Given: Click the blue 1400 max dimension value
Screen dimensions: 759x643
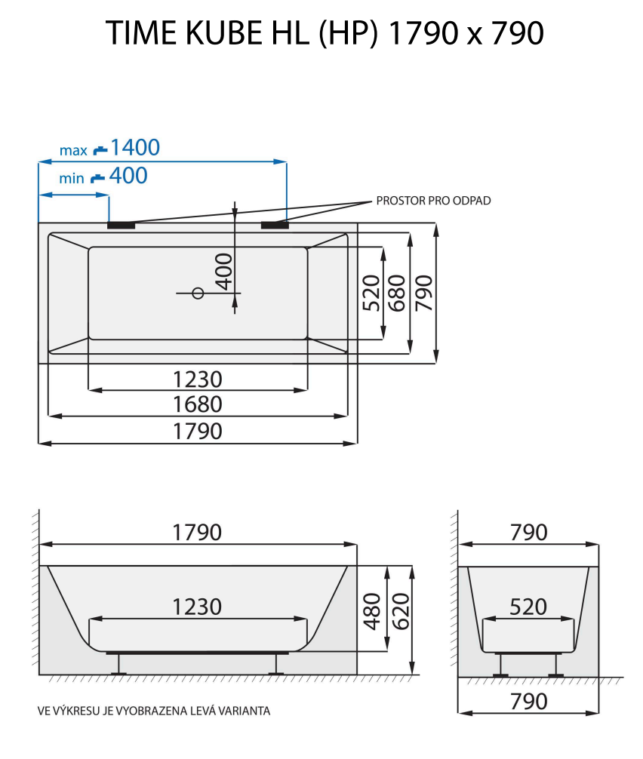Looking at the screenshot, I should (135, 148).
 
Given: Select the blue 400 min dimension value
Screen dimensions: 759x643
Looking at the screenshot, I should (128, 177).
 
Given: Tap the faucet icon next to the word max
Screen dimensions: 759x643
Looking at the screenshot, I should (100, 149).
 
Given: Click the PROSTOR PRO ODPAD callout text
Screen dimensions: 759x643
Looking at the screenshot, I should (433, 201).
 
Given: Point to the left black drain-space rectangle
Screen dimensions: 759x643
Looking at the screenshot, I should (121, 224).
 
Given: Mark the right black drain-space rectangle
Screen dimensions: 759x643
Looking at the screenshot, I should (275, 224).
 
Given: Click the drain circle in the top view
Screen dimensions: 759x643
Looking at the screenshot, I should (198, 293).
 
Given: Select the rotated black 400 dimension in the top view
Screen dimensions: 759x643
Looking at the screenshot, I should (224, 272).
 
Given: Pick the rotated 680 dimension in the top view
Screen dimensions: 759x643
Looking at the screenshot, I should (397, 293).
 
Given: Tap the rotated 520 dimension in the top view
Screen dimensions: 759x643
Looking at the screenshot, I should (371, 293).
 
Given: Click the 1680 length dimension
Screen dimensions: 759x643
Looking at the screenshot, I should (198, 404).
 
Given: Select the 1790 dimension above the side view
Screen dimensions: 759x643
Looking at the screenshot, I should (198, 532).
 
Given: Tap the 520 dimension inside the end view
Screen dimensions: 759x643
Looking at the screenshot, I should (529, 607).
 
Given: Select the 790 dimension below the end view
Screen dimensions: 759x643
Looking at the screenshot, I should (529, 701).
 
